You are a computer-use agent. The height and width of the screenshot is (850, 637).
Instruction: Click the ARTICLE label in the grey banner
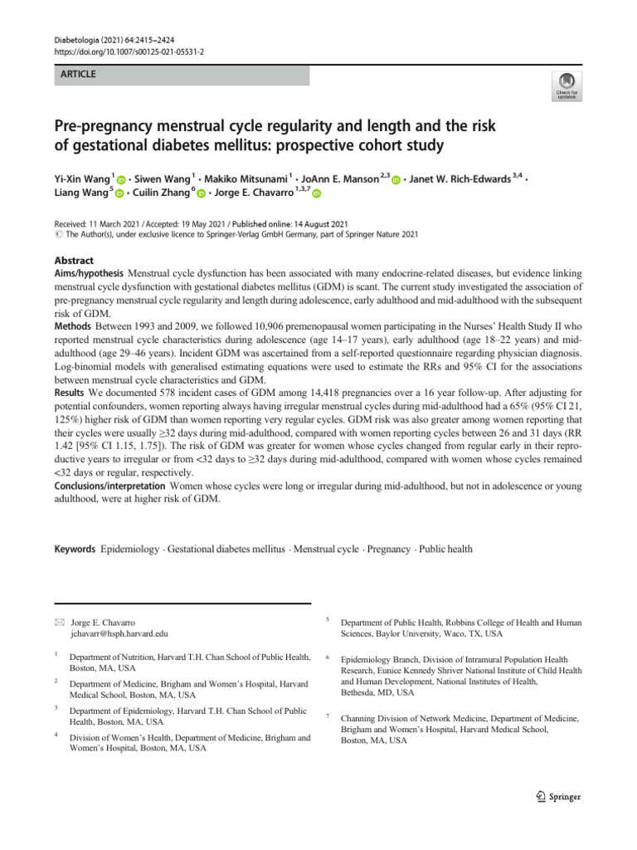coord(79,75)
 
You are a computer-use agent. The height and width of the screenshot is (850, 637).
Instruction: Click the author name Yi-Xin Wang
coord(81,179)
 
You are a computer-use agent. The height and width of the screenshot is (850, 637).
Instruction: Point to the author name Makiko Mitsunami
coord(246,179)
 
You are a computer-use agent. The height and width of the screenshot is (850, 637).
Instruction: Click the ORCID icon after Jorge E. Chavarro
coord(316,194)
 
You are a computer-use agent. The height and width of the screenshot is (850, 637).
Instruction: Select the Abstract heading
coord(74,260)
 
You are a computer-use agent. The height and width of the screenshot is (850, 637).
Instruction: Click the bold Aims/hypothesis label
coord(89,273)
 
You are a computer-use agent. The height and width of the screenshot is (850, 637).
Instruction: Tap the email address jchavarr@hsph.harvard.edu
coord(120,633)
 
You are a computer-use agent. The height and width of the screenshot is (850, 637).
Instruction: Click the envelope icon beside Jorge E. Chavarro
coord(58,622)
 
